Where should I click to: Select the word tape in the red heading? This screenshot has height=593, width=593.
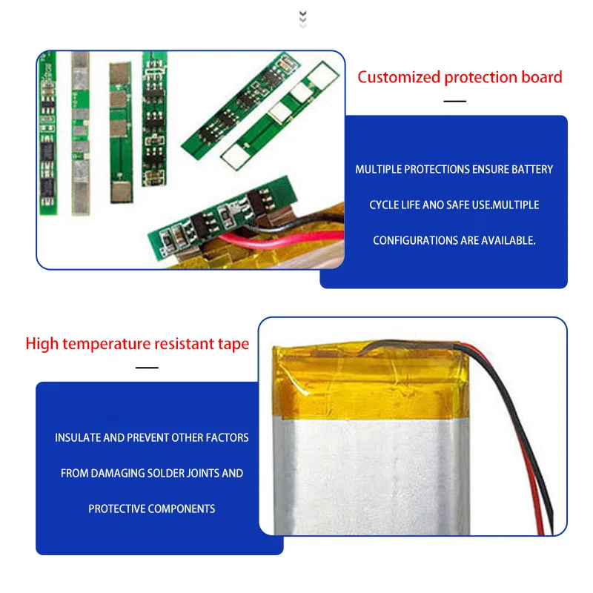pyautogui.click(x=234, y=344)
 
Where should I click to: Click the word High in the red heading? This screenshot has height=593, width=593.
pyautogui.click(x=42, y=344)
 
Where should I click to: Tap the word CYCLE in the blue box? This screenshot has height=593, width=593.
pyautogui.click(x=384, y=205)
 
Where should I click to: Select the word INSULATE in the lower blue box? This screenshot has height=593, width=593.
pyautogui.click(x=78, y=438)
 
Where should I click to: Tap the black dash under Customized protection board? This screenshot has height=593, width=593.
pyautogui.click(x=454, y=101)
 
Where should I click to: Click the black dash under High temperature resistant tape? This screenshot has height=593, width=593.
pyautogui.click(x=147, y=367)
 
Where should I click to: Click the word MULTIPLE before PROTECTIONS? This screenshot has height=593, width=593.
pyautogui.click(x=379, y=170)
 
